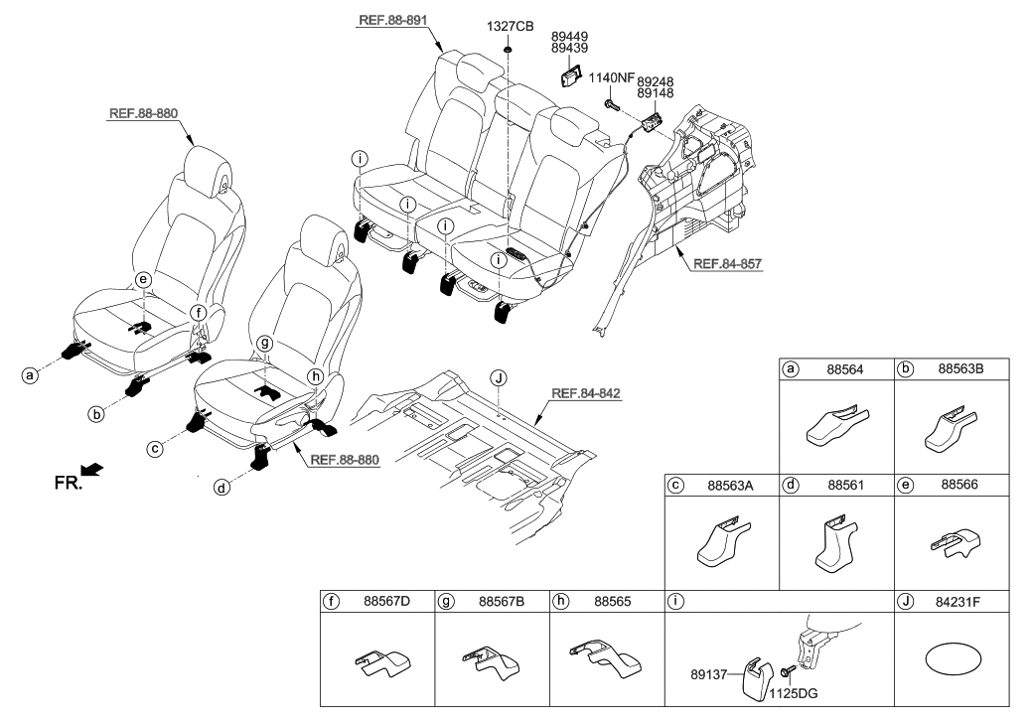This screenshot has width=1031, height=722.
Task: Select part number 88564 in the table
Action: pos(845,368)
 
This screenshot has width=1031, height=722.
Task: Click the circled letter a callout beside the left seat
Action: pos(31,374)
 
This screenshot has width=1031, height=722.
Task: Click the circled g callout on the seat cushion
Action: pos(263,343)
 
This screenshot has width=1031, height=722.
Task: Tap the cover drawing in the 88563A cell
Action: pos(722,544)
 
